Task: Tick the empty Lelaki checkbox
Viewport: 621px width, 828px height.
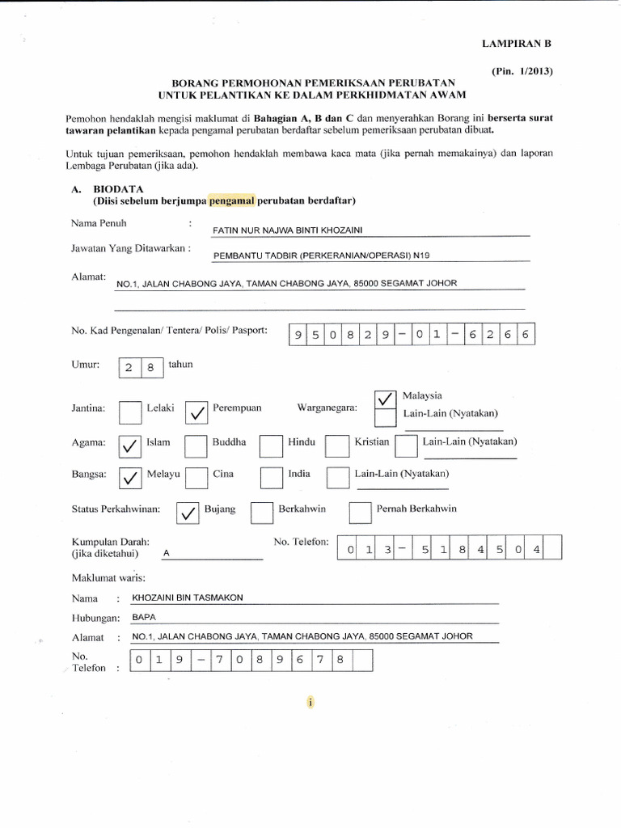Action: [129, 413]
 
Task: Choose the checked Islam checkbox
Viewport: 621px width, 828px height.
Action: [129, 446]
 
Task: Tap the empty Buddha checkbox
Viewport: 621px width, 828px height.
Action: [196, 446]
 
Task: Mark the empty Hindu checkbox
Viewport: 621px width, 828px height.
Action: [271, 446]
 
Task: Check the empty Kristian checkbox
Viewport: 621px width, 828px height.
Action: [336, 446]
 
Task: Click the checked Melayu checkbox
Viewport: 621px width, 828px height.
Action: [129, 478]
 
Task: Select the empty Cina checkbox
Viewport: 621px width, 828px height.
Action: [196, 478]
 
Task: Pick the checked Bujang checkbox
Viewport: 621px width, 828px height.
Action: [187, 513]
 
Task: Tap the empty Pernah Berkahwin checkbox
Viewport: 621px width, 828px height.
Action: [359, 513]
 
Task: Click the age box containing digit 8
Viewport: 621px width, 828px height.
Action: [152, 368]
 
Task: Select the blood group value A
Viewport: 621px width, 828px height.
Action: [167, 554]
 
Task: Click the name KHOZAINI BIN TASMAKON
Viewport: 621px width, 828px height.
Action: [187, 598]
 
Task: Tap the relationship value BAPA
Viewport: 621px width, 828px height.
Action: [143, 616]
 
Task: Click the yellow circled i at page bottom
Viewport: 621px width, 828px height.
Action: [310, 703]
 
